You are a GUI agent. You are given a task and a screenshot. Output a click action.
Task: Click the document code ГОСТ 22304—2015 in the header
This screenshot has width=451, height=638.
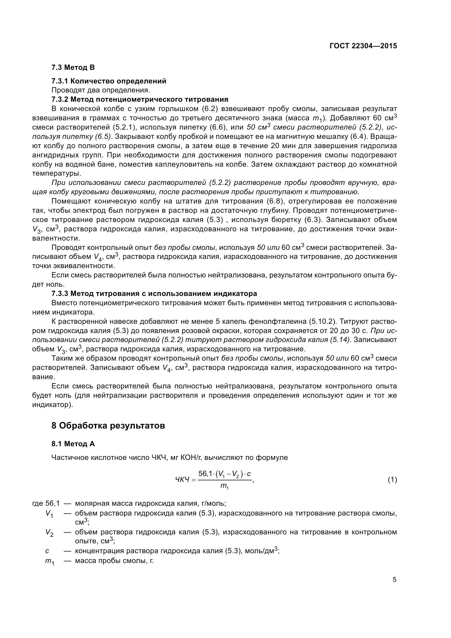[363, 46]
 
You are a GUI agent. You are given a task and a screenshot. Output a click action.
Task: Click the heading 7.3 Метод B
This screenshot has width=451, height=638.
[73, 67]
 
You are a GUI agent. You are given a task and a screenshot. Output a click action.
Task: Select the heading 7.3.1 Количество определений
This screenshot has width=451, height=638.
[109, 81]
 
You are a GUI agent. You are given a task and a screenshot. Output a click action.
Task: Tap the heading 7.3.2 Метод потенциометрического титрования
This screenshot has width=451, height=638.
[140, 99]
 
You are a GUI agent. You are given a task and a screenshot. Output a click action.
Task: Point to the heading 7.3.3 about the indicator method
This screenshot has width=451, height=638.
[154, 293]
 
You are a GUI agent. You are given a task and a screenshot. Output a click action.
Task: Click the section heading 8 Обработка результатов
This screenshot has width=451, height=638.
[108, 426]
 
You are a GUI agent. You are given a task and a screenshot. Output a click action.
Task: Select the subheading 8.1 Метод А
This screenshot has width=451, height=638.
[73, 444]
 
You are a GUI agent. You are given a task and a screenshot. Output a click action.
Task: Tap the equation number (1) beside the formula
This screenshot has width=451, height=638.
[392, 480]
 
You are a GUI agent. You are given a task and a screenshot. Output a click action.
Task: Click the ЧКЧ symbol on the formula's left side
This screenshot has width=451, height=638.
[182, 480]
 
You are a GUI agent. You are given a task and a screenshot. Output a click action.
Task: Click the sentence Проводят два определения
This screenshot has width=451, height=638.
[101, 90]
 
